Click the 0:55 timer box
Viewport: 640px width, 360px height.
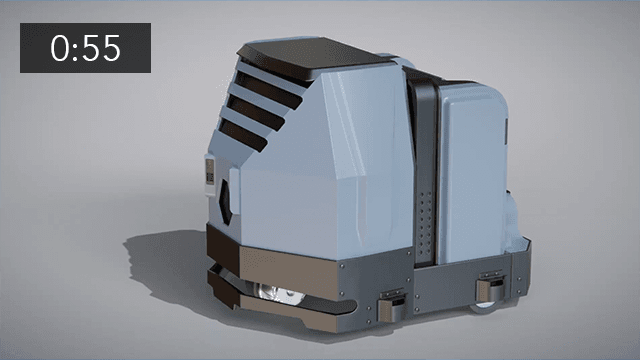click(x=86, y=48)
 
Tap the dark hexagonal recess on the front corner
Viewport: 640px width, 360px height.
click(x=230, y=196)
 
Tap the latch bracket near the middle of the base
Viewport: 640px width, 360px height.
click(x=391, y=300)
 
